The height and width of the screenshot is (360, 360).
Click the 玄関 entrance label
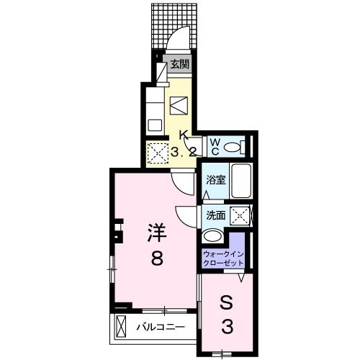[x=180, y=64]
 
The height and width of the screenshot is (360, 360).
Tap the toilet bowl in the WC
[x=233, y=146]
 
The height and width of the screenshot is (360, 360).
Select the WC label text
[x=215, y=147]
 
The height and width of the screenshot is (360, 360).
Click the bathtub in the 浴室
[x=241, y=181]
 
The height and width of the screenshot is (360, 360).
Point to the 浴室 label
[x=216, y=180]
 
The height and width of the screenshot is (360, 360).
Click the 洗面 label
[x=216, y=215]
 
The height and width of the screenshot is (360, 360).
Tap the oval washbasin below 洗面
[x=212, y=236]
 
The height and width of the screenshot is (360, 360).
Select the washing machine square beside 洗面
[x=240, y=215]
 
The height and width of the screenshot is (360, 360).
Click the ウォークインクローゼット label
[x=223, y=258]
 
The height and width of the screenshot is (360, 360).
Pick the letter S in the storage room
[x=227, y=304]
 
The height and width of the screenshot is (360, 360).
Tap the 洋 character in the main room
[x=157, y=233]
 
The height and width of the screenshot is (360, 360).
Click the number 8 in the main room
[x=157, y=257]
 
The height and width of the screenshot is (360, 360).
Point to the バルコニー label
[x=161, y=327]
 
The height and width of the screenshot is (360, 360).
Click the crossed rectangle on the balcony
[x=121, y=327]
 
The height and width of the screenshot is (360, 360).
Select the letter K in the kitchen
[x=184, y=135]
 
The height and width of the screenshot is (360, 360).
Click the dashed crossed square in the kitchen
[x=158, y=153]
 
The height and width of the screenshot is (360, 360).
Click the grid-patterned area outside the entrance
[x=174, y=26]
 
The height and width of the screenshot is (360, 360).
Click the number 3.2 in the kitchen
[x=184, y=152]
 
